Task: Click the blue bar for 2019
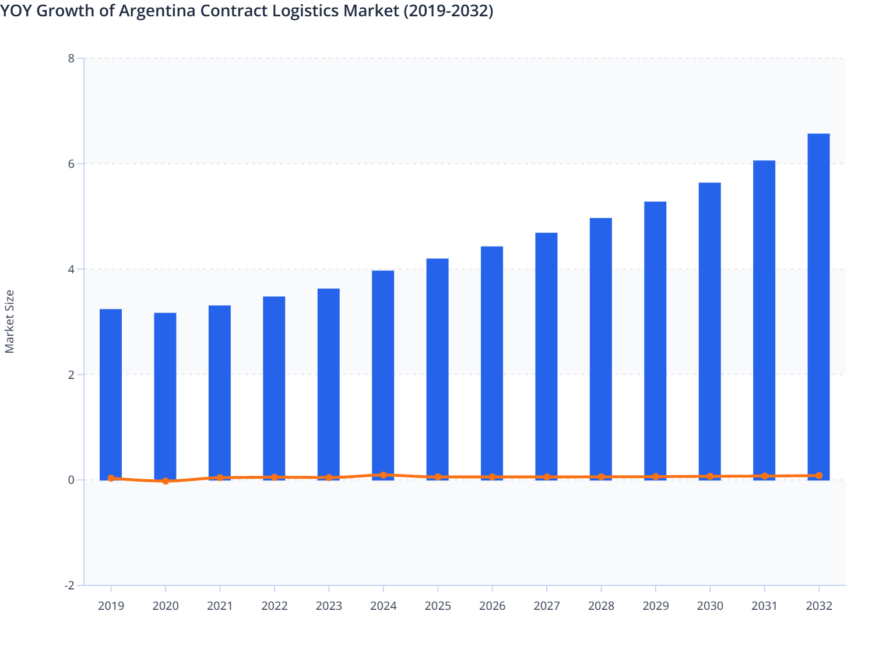pos(111,394)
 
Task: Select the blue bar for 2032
pos(818,307)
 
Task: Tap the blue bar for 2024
pos(383,375)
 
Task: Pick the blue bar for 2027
pos(546,356)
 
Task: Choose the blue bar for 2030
pos(709,331)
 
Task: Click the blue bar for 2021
pos(220,392)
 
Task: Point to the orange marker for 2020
pos(166,481)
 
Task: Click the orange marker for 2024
pos(383,475)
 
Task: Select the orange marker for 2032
pos(818,476)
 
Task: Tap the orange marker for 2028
pos(601,477)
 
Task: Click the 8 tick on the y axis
pos(71,58)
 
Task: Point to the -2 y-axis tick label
pos(69,585)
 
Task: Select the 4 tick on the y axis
pos(71,269)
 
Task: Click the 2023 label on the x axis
pos(329,606)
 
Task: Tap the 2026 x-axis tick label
pos(492,606)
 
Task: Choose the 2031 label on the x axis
pos(764,606)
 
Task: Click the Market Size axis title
pos(9,322)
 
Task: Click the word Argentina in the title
pos(157,10)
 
